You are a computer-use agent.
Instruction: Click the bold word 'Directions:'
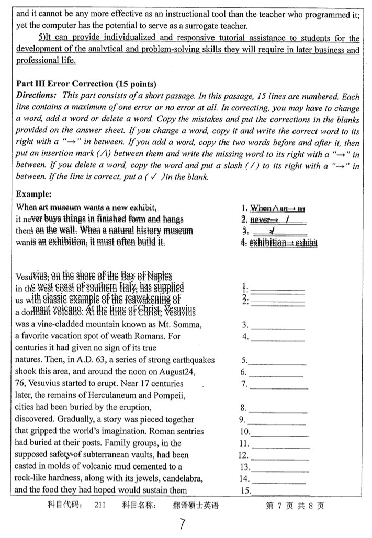coord(37,95)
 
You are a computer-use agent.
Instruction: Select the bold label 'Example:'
coord(34,194)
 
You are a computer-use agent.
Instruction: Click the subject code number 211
coord(101,506)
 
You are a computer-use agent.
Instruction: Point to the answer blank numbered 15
coord(280,491)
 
